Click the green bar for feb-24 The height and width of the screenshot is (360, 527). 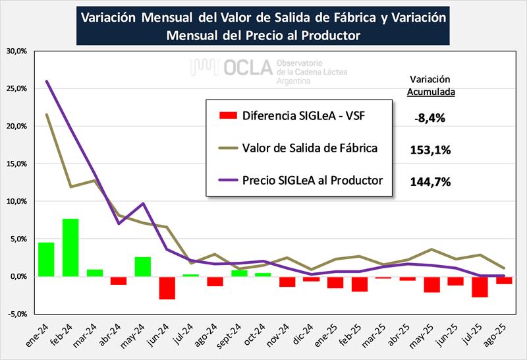[70, 247]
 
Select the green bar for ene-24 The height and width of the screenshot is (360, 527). [46, 259]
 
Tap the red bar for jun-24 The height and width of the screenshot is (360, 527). [167, 287]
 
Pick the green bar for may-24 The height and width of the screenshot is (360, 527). [143, 266]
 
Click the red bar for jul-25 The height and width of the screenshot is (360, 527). [480, 287]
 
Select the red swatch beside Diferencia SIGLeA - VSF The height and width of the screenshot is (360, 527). [227, 116]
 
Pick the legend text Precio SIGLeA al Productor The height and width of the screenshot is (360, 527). [313, 180]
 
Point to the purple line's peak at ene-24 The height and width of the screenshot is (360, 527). [46, 81]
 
